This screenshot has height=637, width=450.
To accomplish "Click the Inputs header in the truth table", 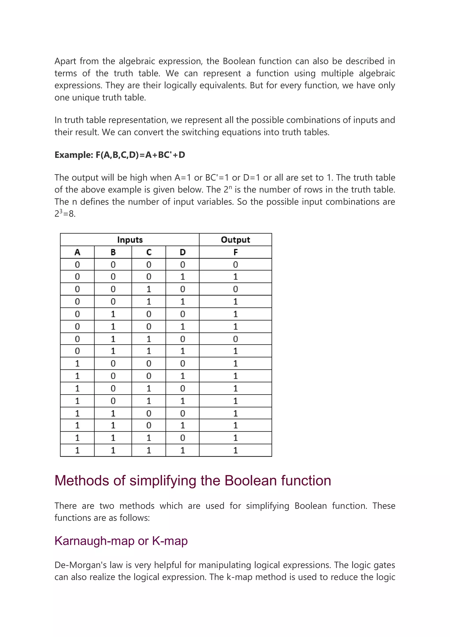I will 130,240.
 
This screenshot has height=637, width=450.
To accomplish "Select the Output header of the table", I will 235,240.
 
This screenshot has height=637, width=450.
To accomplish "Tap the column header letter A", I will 77,252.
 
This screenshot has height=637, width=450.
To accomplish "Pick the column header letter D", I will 182,252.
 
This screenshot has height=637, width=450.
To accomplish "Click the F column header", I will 235,252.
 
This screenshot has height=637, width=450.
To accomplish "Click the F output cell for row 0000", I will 235,265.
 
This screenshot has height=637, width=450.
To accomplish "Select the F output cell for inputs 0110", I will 235,339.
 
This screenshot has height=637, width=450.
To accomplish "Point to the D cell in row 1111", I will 182,450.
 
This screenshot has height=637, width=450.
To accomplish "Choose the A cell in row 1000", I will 77,363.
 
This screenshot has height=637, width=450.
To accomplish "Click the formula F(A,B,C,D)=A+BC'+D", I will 140,155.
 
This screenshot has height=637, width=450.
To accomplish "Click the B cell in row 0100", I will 113,314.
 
